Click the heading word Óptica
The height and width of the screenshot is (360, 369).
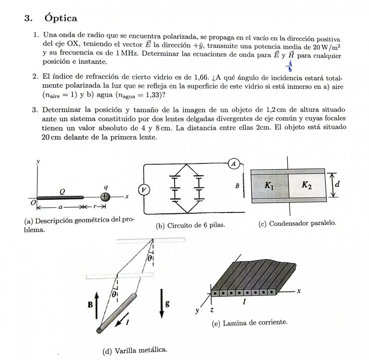[x=61, y=18]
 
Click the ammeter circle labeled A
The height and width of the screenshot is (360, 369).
[x=234, y=164]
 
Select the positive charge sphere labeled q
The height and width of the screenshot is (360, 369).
[x=105, y=196]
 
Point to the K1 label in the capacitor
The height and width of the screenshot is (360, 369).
[x=269, y=186]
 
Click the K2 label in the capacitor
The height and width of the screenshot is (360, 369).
[x=306, y=185]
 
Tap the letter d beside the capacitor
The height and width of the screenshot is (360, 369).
[x=337, y=184]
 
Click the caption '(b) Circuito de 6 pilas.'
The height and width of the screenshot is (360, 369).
[x=190, y=225]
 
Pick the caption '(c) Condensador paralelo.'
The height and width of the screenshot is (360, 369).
[x=297, y=223]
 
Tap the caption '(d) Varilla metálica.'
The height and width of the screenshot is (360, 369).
[x=135, y=350]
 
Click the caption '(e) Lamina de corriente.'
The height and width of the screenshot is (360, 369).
[x=249, y=322]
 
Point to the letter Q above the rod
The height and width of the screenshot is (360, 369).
[x=62, y=191]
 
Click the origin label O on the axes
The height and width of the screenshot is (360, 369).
[x=33, y=202]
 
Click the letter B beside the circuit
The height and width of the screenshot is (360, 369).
[x=237, y=186]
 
